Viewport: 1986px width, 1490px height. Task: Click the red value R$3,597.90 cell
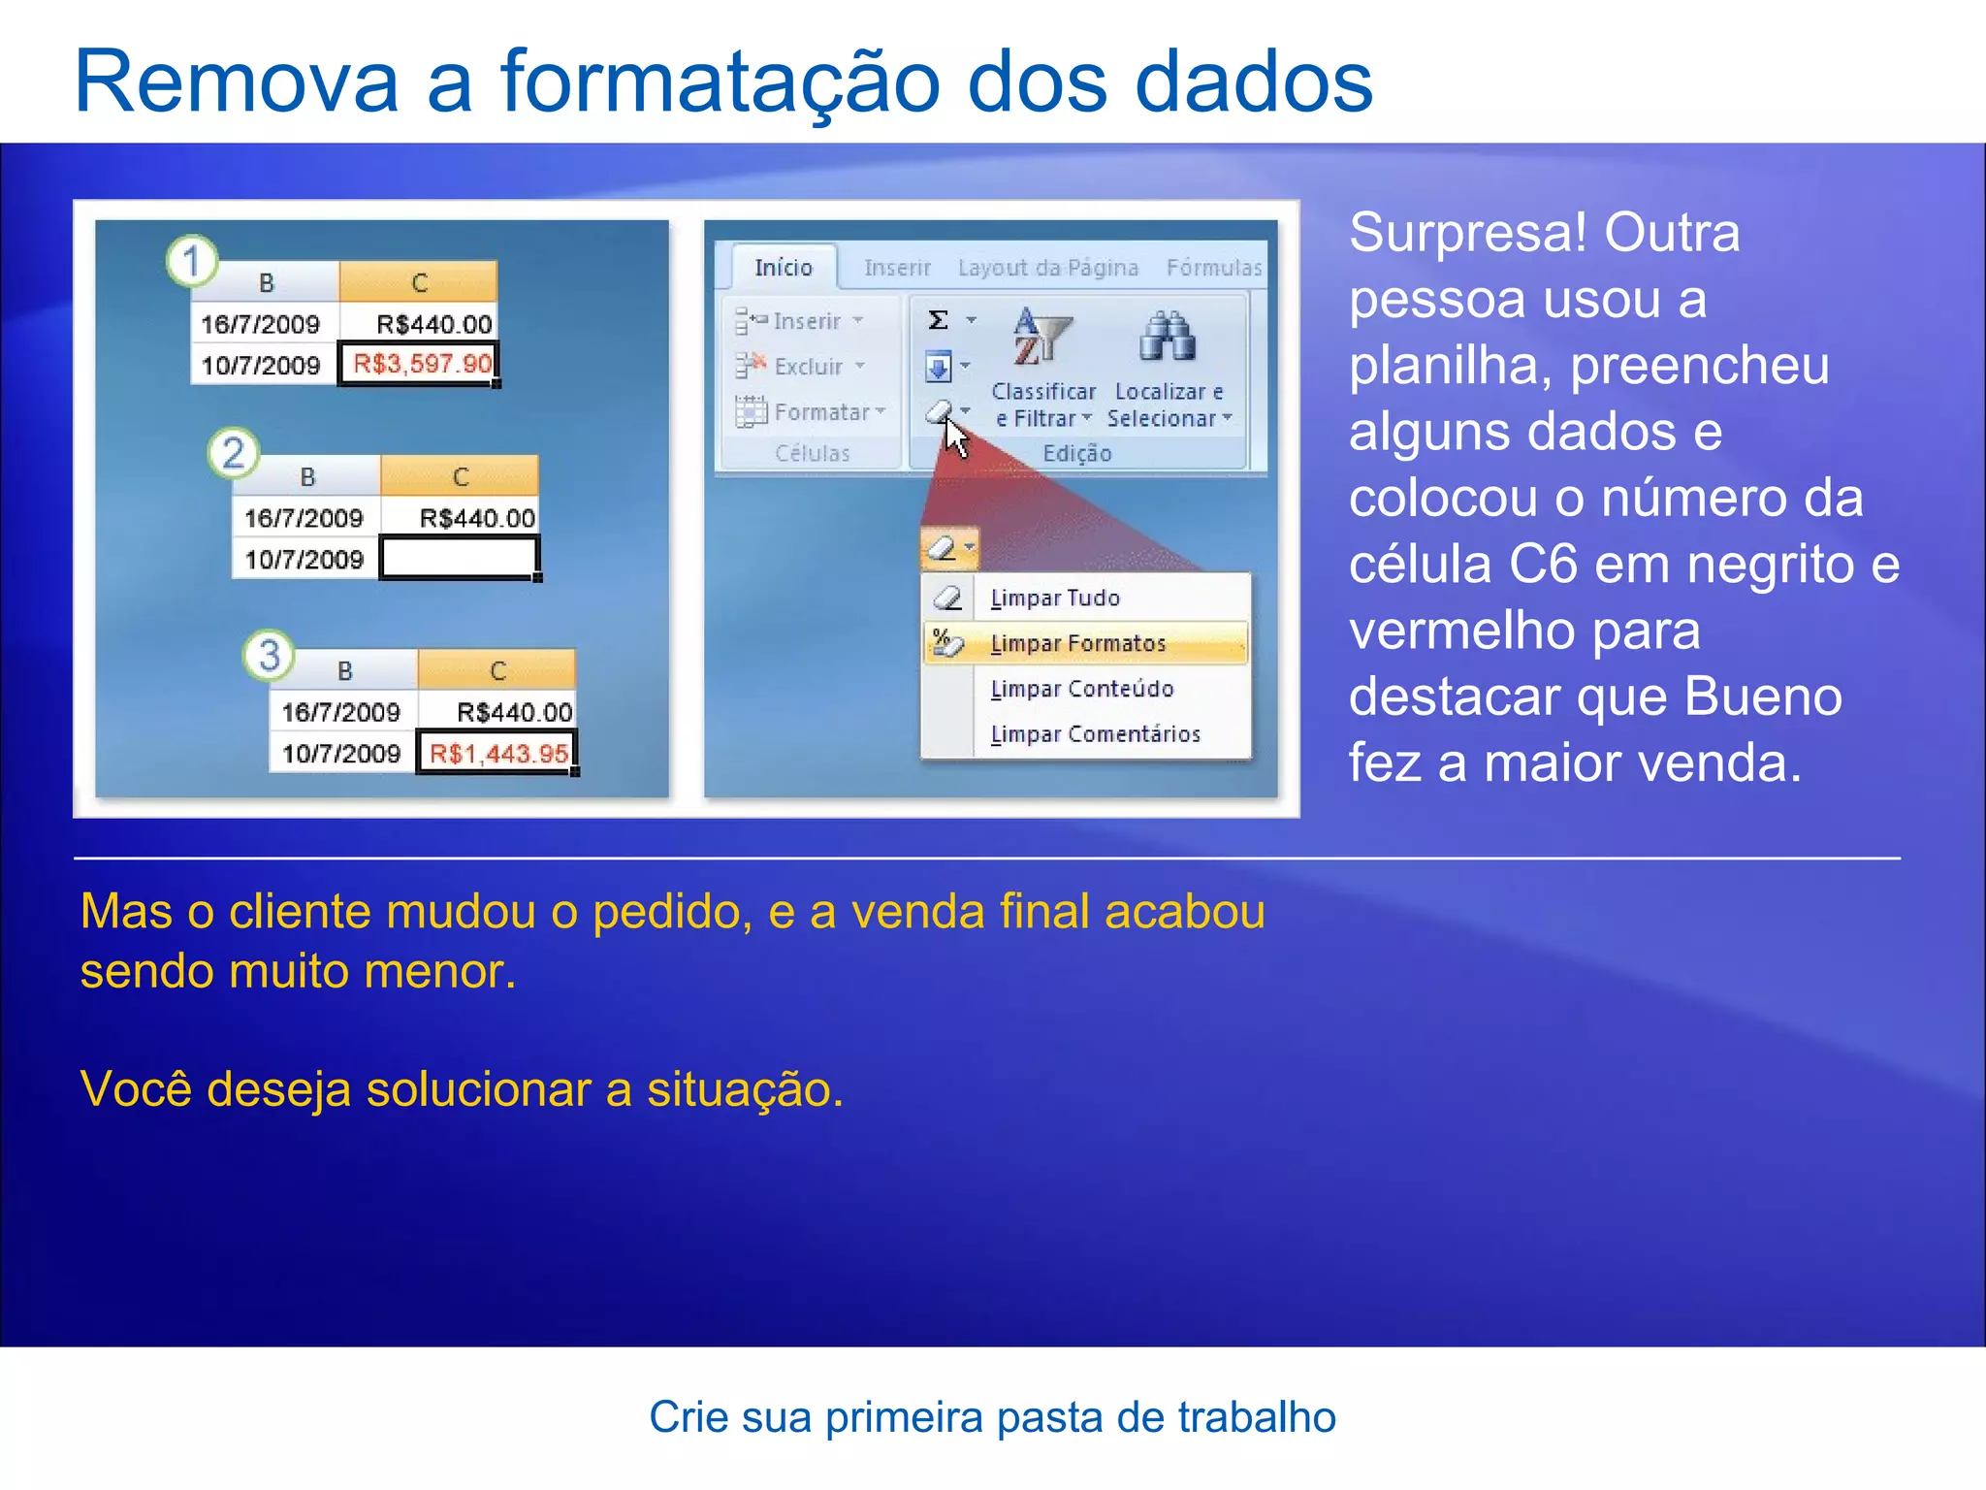point(419,365)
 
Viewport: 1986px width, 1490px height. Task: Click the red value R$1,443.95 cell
point(496,753)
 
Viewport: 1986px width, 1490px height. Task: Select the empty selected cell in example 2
point(459,559)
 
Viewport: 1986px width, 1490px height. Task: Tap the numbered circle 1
point(192,261)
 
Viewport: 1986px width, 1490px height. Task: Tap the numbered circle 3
point(269,655)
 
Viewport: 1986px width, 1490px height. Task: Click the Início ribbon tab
point(784,268)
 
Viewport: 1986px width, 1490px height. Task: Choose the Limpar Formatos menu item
point(1078,644)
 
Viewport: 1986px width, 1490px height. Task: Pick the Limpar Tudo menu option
point(1055,599)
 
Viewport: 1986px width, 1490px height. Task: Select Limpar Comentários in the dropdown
point(1095,734)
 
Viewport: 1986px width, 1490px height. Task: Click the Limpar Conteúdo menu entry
point(1082,689)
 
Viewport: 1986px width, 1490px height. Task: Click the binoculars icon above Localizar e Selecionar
point(1167,337)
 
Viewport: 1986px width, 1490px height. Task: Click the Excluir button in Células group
point(808,367)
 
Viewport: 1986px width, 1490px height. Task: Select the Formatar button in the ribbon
point(820,412)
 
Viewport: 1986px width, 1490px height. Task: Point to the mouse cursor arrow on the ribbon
point(955,437)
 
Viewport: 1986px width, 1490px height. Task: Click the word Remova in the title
point(237,82)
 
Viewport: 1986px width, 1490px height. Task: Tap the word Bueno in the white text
point(1762,696)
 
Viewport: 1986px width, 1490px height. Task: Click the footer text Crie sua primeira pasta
point(992,1417)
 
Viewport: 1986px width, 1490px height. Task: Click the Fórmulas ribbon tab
point(1213,268)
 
